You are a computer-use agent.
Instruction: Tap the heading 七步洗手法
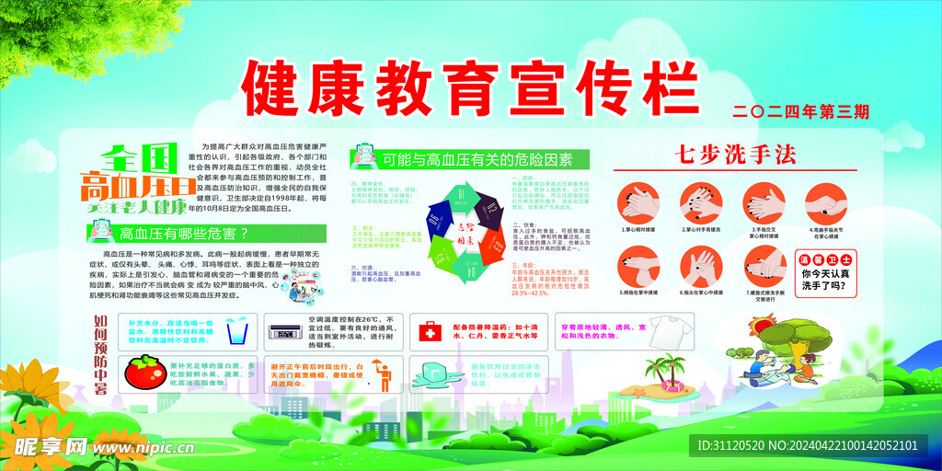(x=734, y=155)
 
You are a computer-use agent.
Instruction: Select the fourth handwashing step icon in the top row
(x=825, y=201)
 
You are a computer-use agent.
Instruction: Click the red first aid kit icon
(x=431, y=331)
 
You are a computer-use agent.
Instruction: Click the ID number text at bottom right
(x=808, y=445)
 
